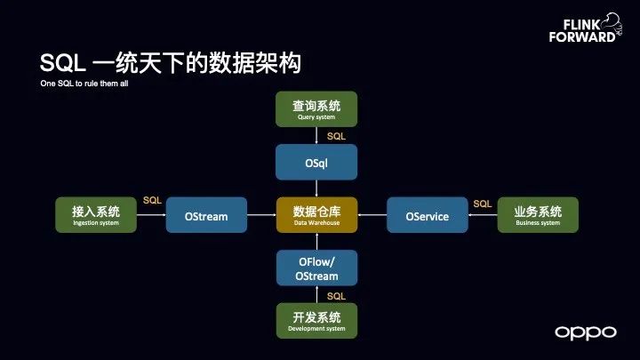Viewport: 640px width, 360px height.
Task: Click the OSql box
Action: coord(316,162)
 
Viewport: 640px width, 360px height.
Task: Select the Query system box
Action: coord(316,109)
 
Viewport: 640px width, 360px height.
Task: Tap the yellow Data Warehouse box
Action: coord(316,215)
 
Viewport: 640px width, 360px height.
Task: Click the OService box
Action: coord(428,215)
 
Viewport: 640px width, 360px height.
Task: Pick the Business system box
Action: coord(538,215)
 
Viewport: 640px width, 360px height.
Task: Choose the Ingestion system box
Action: coord(96,215)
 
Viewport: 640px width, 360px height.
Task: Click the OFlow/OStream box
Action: coord(316,268)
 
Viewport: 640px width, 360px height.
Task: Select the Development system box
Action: coord(316,320)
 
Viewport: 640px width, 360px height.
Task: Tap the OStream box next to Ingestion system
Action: coord(206,215)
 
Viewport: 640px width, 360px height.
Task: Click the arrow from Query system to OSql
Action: coord(316,135)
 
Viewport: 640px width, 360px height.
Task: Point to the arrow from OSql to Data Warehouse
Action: coord(316,188)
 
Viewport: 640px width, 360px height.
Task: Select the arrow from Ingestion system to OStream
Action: coord(151,215)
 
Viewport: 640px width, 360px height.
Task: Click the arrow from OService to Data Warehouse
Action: coord(372,215)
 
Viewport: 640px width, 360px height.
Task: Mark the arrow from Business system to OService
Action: coord(483,215)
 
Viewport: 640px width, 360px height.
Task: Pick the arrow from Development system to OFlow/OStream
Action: coord(316,294)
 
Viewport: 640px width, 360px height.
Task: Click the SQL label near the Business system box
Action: coord(483,204)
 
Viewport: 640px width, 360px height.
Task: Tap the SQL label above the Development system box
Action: coord(336,296)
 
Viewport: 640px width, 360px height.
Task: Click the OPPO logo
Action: coord(586,333)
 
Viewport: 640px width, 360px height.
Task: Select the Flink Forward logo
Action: coord(585,28)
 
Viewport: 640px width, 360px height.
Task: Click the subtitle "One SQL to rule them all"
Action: coord(84,84)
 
